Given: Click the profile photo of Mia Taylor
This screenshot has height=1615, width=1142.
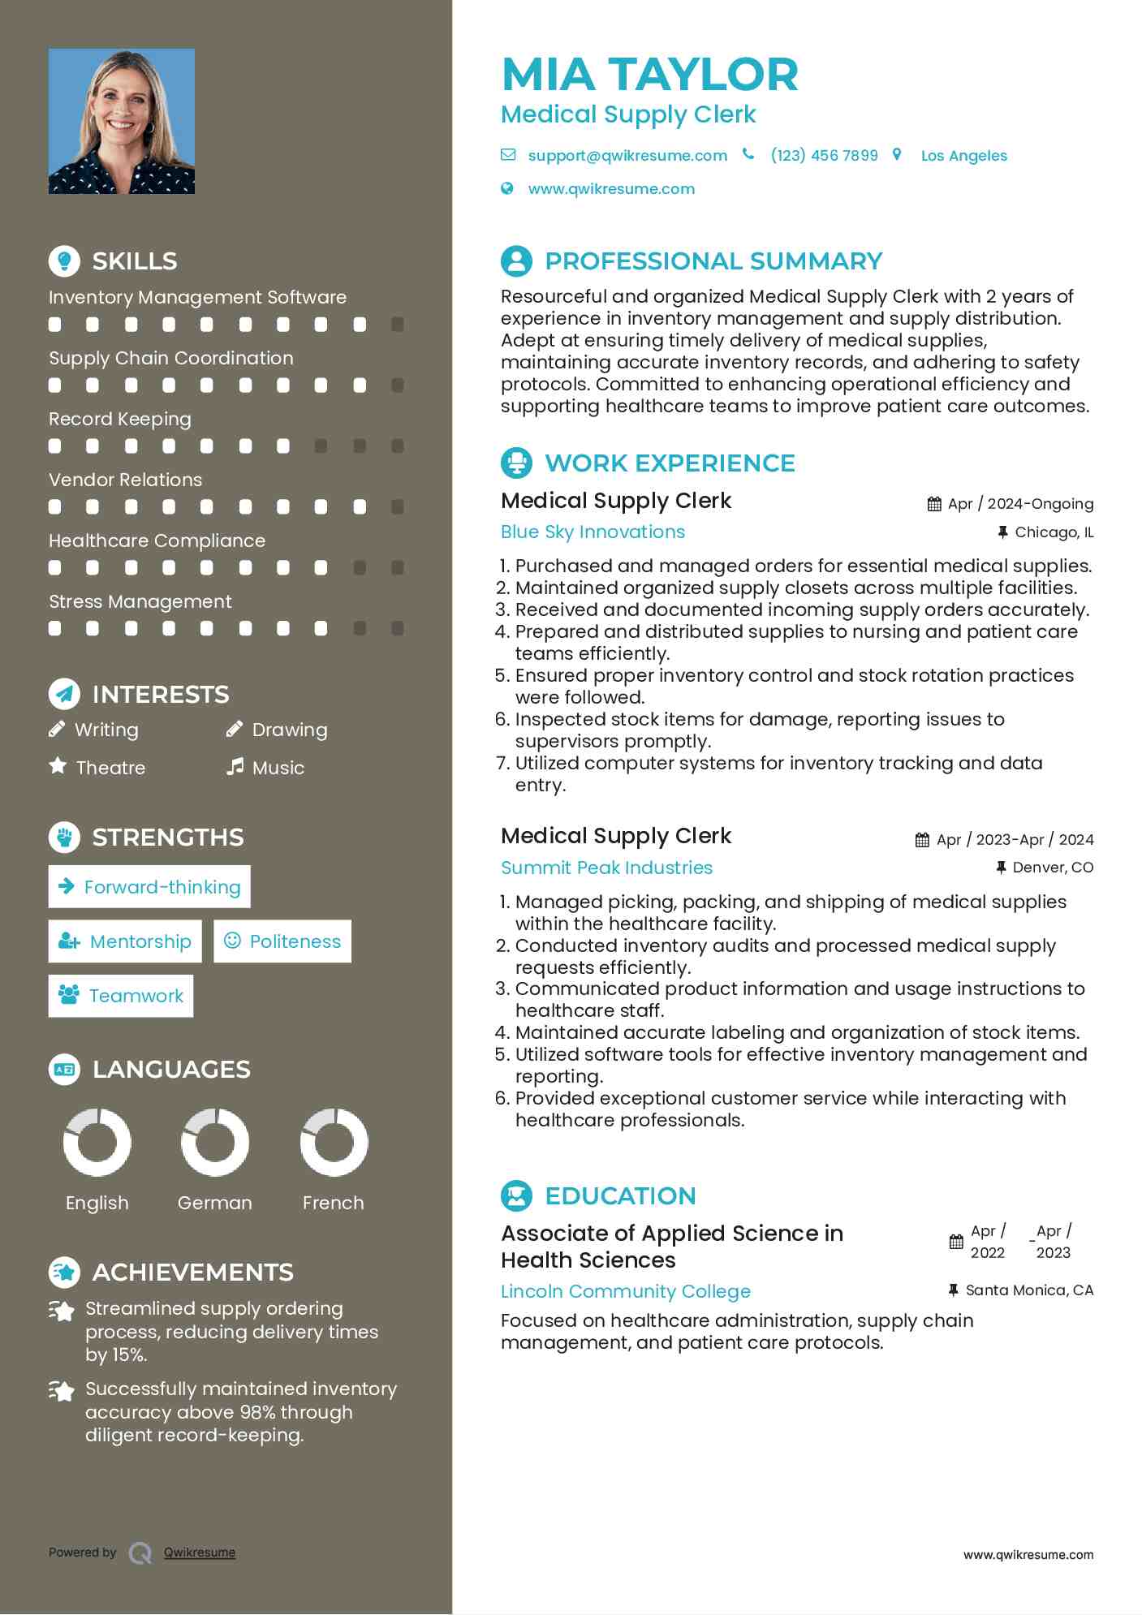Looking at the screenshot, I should tap(122, 121).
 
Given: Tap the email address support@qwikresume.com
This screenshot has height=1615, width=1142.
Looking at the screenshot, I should tap(627, 155).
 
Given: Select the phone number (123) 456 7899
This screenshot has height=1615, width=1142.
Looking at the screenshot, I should tap(824, 155).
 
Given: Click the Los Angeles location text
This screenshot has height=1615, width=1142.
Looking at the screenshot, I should tap(963, 156).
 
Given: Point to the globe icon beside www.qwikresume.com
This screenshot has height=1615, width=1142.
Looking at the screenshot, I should tap(507, 188).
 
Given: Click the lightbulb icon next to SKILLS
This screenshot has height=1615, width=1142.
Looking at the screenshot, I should tap(64, 261).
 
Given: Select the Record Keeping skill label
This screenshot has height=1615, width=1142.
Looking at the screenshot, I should tap(120, 419).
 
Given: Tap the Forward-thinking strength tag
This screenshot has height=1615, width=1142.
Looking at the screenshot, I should tap(149, 886).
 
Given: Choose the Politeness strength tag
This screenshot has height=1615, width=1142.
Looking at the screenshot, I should tap(282, 941).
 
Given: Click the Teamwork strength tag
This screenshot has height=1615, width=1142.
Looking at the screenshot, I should tap(121, 996).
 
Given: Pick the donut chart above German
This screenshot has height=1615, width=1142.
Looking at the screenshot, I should tap(215, 1142).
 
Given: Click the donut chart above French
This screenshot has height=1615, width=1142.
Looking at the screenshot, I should tap(334, 1142).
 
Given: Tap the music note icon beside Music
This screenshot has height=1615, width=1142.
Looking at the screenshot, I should tap(235, 767).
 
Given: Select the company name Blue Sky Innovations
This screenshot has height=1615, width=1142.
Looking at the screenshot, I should tap(593, 532).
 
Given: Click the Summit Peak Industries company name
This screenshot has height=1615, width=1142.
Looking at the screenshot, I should tap(606, 868).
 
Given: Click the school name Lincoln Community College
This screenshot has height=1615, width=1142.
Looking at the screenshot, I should tap(625, 1291).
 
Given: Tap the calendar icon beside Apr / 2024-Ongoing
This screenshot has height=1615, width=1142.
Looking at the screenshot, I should tap(934, 504).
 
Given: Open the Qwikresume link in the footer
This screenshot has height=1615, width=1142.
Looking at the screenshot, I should tap(200, 1553).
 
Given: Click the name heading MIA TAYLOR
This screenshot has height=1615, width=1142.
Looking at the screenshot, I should tap(649, 74).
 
